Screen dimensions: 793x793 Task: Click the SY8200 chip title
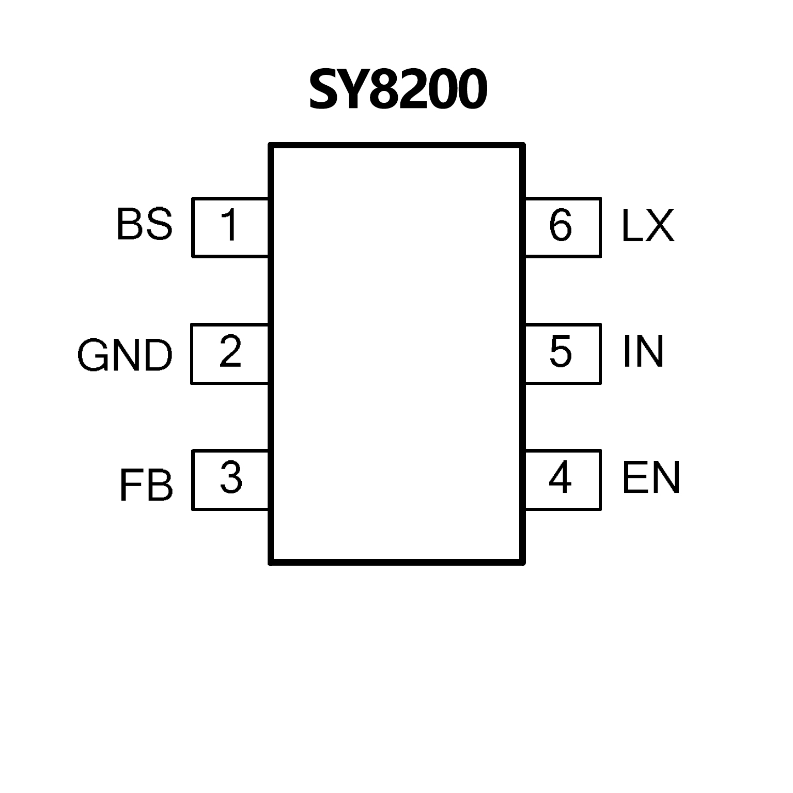click(x=398, y=90)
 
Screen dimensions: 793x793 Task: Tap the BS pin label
click(x=144, y=224)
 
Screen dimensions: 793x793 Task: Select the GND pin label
click(x=125, y=355)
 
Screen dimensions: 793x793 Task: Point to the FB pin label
click(x=146, y=486)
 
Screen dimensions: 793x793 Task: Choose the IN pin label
click(x=643, y=352)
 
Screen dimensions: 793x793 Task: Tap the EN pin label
click(x=651, y=478)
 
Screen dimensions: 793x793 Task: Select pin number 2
click(x=230, y=352)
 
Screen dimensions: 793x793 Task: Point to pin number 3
click(x=231, y=478)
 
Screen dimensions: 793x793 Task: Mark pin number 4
click(x=560, y=478)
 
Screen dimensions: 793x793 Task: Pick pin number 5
click(x=561, y=352)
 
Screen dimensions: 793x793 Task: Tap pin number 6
click(x=561, y=226)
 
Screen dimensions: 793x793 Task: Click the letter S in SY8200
click(x=324, y=90)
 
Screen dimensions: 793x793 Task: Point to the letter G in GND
click(x=94, y=355)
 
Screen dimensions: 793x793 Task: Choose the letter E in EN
click(x=635, y=478)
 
